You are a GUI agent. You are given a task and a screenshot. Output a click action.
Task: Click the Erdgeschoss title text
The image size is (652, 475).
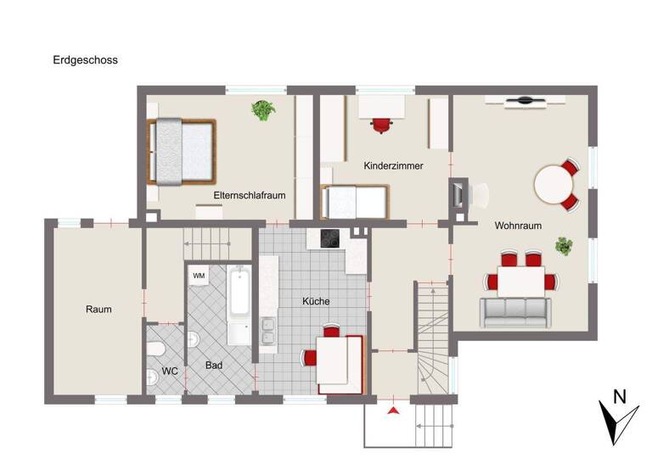pyautogui.click(x=84, y=60)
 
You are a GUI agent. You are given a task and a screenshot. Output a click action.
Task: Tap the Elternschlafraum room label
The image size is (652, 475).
pyautogui.click(x=249, y=195)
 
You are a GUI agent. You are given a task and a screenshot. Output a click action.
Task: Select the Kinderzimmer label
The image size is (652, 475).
pyautogui.click(x=393, y=165)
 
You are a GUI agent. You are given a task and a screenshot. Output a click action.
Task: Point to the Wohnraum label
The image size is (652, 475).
pyautogui.click(x=518, y=226)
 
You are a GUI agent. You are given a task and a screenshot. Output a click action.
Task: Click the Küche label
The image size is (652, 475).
pyautogui.click(x=316, y=301)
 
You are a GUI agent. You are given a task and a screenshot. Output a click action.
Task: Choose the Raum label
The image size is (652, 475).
pyautogui.click(x=98, y=309)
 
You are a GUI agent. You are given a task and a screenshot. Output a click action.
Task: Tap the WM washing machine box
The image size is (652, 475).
pyautogui.click(x=199, y=276)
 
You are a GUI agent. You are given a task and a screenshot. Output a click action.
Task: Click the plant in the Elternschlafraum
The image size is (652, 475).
pyautogui.click(x=263, y=109)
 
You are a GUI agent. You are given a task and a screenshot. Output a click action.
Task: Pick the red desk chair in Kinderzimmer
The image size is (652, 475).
pyautogui.click(x=383, y=125)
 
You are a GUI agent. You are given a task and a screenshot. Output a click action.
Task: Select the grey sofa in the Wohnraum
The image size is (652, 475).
pyautogui.click(x=514, y=313)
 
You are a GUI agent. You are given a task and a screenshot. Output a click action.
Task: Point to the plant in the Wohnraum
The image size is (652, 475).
pyautogui.click(x=563, y=246)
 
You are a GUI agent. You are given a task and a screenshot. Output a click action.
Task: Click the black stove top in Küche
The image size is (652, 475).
pyautogui.click(x=329, y=239)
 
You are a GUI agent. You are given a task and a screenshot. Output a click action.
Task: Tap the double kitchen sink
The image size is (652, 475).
pyautogui.click(x=268, y=332)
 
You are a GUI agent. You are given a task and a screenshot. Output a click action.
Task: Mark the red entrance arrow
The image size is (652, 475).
pyautogui.click(x=392, y=411)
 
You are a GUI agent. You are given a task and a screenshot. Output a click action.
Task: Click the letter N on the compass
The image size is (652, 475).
pyautogui.click(x=620, y=395)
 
